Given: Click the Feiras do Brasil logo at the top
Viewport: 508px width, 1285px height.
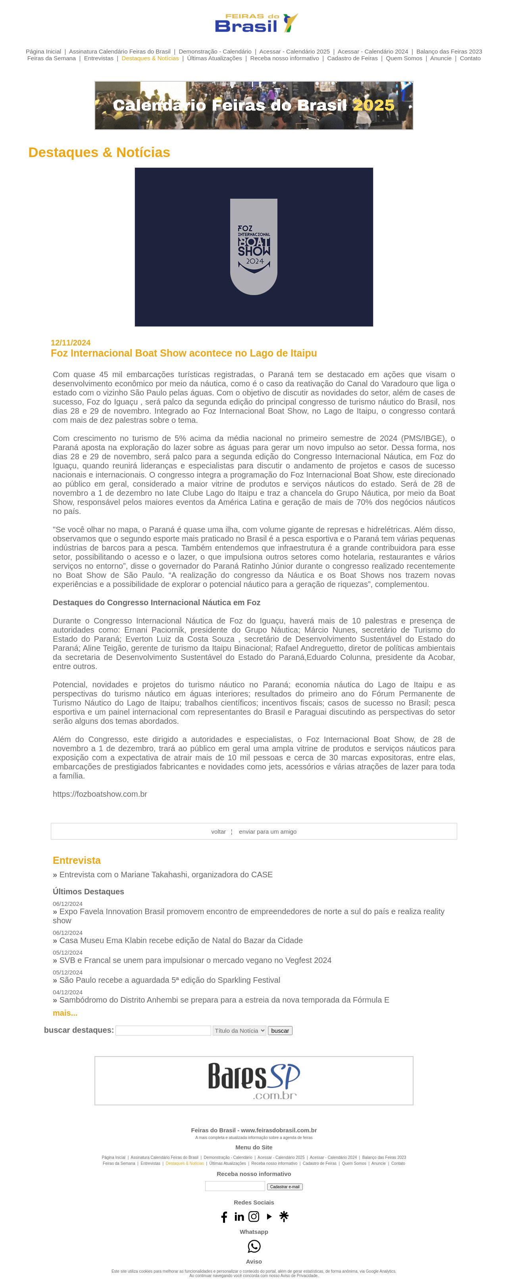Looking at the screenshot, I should click(x=256, y=23).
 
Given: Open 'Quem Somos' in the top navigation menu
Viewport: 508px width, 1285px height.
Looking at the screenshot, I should click(x=404, y=58).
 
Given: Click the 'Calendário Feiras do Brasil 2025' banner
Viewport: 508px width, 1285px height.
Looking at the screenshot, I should click(x=254, y=105).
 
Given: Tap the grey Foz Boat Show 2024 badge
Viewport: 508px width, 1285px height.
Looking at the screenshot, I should click(x=254, y=246).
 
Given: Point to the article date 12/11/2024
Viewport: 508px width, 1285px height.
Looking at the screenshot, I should click(x=70, y=343).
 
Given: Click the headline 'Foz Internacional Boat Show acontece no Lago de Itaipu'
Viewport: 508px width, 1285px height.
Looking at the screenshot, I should click(x=184, y=353).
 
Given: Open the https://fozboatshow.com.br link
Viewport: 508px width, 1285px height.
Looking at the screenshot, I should click(x=100, y=794).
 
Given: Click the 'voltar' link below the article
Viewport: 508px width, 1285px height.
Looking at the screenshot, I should click(x=218, y=832).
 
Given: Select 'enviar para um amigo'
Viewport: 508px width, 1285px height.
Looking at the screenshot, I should click(x=267, y=832).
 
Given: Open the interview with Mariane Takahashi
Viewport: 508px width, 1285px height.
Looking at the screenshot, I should click(x=165, y=875).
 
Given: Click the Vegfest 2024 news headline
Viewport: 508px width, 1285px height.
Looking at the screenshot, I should click(x=195, y=960).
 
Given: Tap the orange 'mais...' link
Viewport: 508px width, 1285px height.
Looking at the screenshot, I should click(x=65, y=1013).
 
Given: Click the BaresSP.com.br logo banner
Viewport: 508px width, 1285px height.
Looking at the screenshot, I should click(x=254, y=1080).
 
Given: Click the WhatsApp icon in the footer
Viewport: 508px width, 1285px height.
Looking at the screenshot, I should click(x=254, y=1247).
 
